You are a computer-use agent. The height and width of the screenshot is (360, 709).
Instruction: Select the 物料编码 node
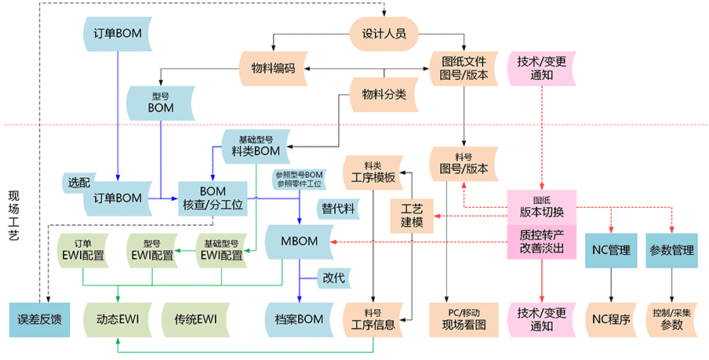pos(273,68)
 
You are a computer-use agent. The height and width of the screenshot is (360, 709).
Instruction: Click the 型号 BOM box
pos(161,102)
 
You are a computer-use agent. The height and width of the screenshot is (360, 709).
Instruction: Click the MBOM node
pos(298,241)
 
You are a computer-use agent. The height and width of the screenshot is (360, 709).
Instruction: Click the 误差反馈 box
pos(39,319)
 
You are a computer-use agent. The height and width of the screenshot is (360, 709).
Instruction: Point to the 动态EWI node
pos(118,319)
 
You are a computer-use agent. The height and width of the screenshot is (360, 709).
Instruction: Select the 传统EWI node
pos(195,319)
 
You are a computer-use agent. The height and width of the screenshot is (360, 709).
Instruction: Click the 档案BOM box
pos(299,319)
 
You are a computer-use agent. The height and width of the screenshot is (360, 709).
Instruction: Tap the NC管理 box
pos(608,251)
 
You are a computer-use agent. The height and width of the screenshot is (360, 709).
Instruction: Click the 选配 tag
pos(79,182)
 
